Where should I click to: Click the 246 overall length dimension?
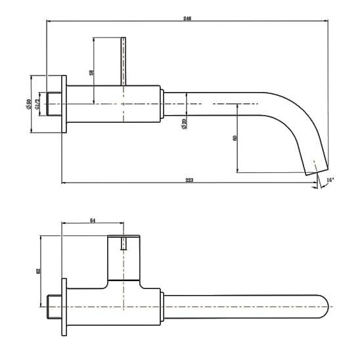click(x=189, y=18)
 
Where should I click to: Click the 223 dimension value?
click(x=189, y=179)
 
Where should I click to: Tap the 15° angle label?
click(x=329, y=179)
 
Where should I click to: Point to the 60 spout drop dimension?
click(x=234, y=139)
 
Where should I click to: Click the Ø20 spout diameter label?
click(x=184, y=122)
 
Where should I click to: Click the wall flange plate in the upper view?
click(x=64, y=104)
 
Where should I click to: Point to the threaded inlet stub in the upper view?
click(x=53, y=104)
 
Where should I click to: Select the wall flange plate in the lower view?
click(x=64, y=307)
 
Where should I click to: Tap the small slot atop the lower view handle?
click(x=124, y=244)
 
